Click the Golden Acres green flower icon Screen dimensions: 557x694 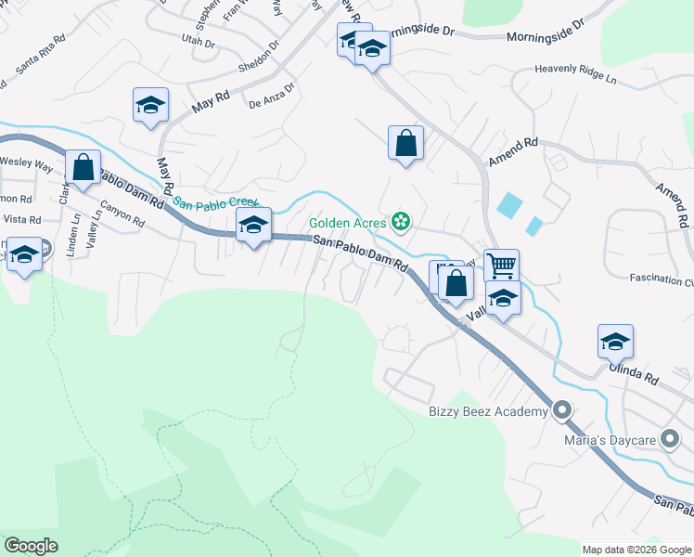tap(401, 223)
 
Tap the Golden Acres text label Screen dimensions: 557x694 tap(348, 223)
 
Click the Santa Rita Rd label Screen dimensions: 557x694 tap(42, 56)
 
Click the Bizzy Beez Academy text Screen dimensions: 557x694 tap(488, 411)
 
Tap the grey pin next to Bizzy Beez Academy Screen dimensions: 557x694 tap(561, 410)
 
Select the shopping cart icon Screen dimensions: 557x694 tap(501, 266)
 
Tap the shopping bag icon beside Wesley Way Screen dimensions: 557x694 tap(84, 169)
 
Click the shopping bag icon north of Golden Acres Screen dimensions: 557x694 tap(405, 143)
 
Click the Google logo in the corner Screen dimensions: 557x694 tap(31, 546)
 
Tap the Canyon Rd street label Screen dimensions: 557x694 tap(122, 216)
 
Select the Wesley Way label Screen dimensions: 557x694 tap(26, 162)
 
